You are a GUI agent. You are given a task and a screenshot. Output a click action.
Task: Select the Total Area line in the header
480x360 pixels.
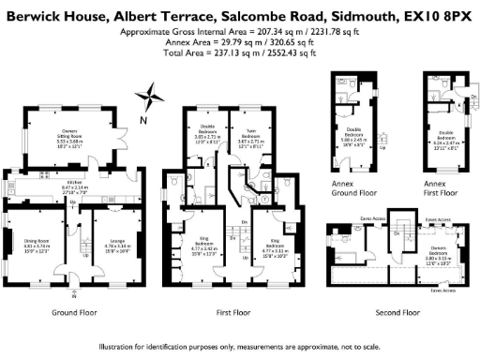click(x=239, y=51)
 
